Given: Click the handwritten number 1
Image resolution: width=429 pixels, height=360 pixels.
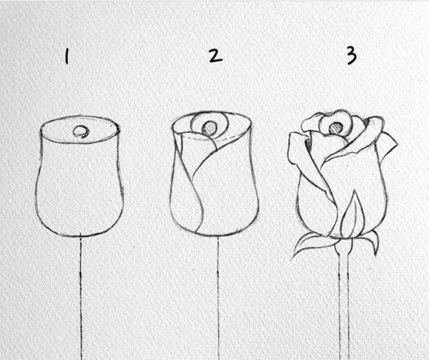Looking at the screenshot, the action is pos(66,56).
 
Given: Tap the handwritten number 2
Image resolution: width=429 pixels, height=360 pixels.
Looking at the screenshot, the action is pos(215,56).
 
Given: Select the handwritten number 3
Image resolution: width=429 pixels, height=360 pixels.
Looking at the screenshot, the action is pos(352,55).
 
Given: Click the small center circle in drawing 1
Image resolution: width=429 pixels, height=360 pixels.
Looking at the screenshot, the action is pos(82,131).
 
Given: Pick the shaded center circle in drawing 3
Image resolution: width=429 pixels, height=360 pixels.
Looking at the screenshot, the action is pos(335,128).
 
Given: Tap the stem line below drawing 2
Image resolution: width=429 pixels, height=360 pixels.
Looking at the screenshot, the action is pos(218,298).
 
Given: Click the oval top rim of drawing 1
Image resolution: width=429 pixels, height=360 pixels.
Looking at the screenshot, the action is pos(79,118).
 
